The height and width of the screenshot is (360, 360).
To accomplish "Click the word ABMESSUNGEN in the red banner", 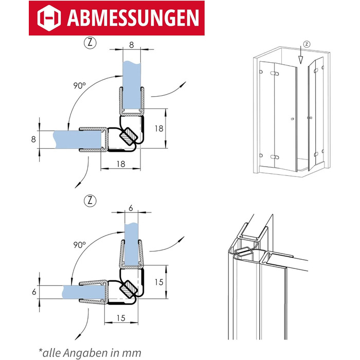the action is tap(133, 18).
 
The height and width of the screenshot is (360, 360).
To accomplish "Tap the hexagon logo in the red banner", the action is tap(49, 18).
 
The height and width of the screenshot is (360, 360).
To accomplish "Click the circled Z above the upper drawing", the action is tap(90, 43).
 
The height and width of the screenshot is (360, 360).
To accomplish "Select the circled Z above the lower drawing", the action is tap(90, 201).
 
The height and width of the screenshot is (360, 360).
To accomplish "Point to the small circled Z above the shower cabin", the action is tap(307, 44).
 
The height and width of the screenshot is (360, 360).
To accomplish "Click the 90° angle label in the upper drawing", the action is tap(79, 86).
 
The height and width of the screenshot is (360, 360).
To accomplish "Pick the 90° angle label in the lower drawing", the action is tap(79, 245).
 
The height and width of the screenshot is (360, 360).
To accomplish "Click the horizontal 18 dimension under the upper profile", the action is tap(121, 164).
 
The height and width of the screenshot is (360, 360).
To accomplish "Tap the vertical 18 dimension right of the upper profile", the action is tap(159, 129).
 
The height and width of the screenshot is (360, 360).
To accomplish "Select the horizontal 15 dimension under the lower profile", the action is tap(121, 318).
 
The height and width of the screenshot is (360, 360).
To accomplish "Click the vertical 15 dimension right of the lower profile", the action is tap(159, 282).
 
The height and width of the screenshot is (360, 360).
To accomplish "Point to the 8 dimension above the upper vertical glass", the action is tap(131, 45).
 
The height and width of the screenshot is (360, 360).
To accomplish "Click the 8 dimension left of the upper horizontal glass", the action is tap(33, 139).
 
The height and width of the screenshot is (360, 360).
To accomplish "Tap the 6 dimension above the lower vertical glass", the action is tap(131, 208).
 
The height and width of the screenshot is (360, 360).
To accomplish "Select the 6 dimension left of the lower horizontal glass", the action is tap(34, 292).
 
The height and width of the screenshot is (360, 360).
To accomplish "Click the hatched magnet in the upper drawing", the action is tap(129, 136).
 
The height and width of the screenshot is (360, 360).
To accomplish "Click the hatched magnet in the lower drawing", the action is tap(129, 289).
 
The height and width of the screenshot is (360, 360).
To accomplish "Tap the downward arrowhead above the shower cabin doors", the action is tap(300, 60).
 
